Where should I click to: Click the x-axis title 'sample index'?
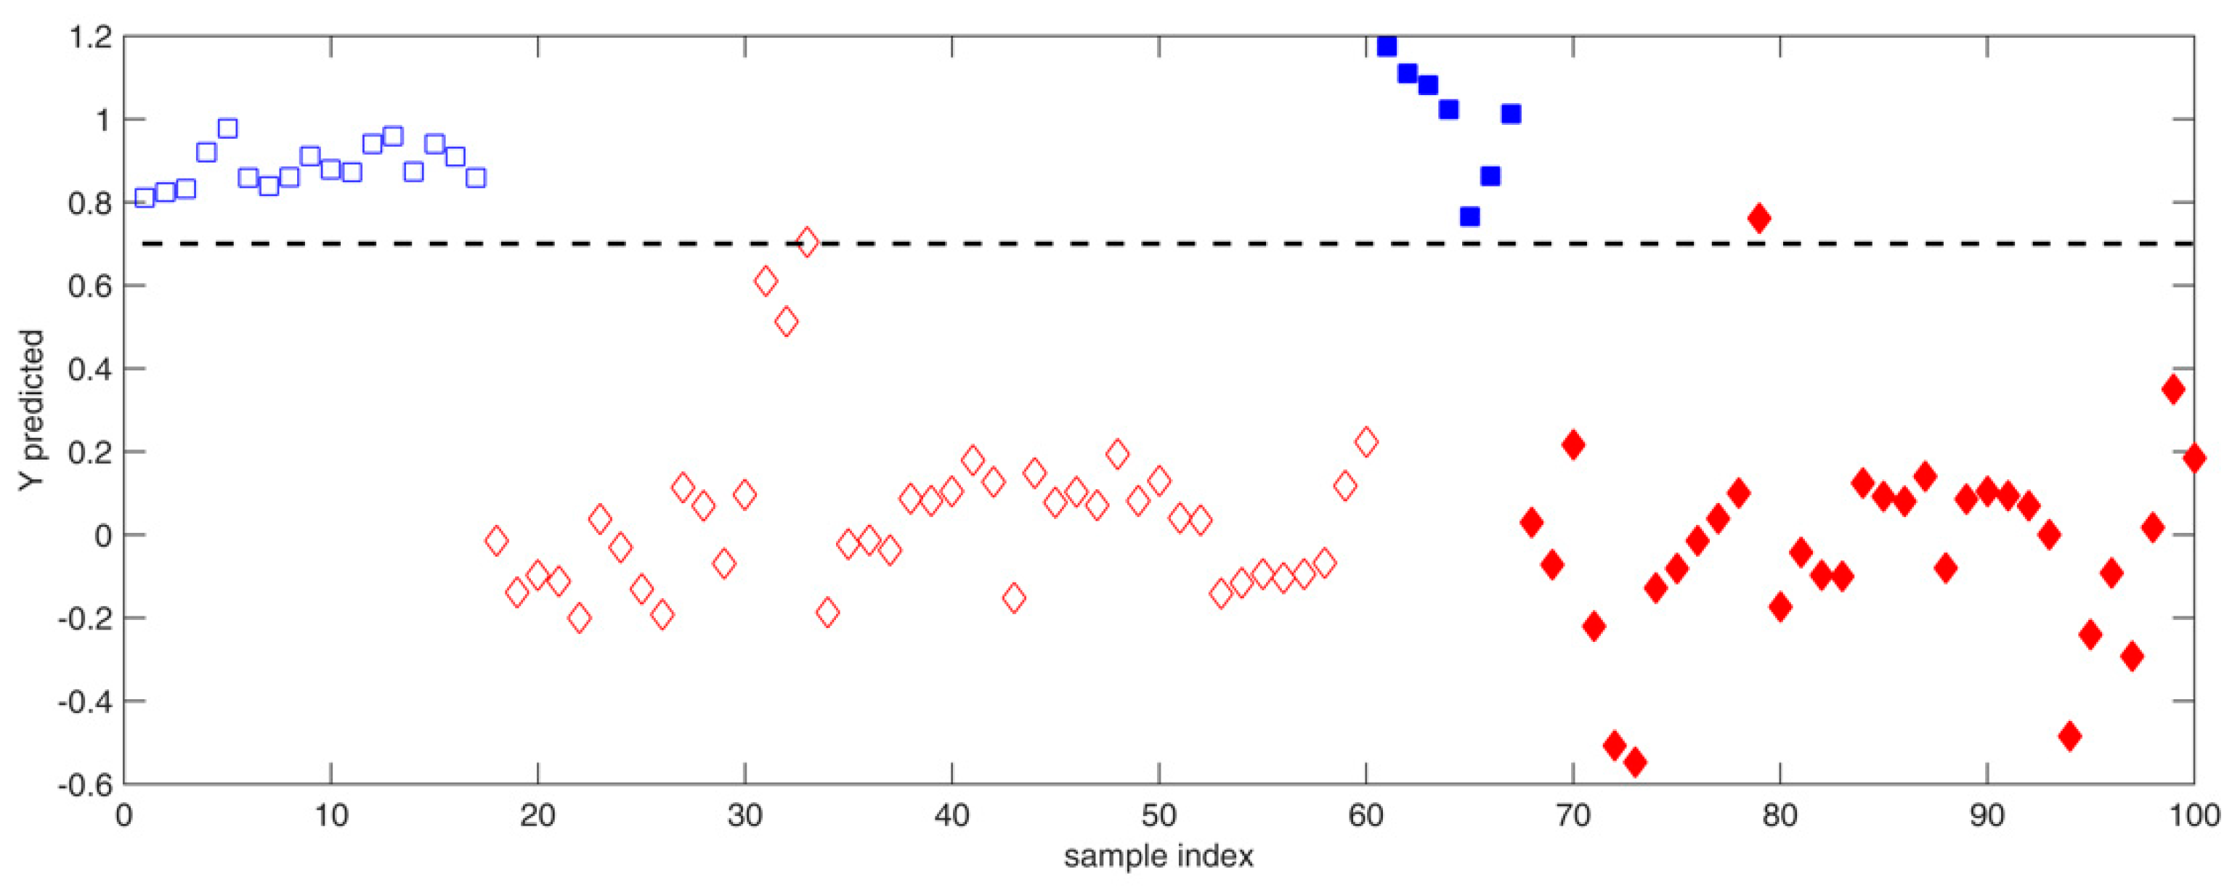point(1158,857)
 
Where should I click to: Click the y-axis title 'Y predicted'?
point(31,409)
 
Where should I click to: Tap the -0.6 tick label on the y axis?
point(84,783)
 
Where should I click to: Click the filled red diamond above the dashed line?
point(1759,219)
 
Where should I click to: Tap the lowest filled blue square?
point(1469,216)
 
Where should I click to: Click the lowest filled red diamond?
point(1635,762)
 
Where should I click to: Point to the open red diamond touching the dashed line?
point(807,242)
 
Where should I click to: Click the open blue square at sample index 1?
point(145,197)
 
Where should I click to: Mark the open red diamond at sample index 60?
point(1366,441)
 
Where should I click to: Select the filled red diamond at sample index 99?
point(2173,390)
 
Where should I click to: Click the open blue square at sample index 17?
point(476,177)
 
